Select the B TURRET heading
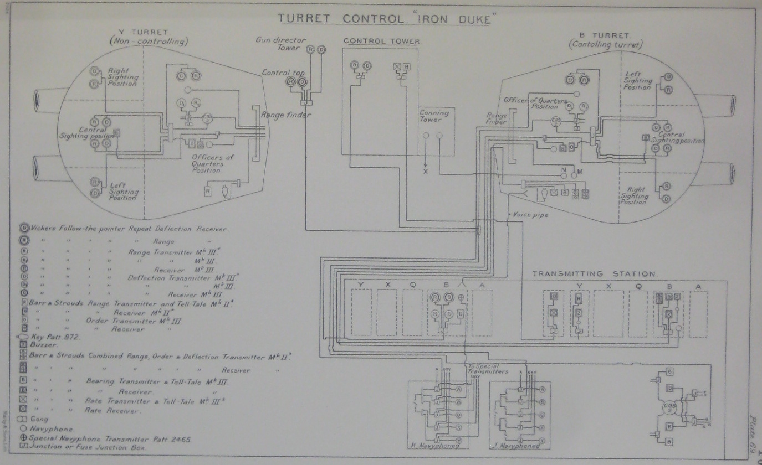608,35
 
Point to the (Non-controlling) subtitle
149,42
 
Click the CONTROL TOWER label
382,41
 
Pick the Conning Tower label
434,116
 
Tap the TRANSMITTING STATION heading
594,273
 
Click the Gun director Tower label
278,44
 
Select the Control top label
281,73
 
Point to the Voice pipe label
530,214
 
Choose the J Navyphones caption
517,445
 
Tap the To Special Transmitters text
488,369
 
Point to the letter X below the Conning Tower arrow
426,172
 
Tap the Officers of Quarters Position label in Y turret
212,163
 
